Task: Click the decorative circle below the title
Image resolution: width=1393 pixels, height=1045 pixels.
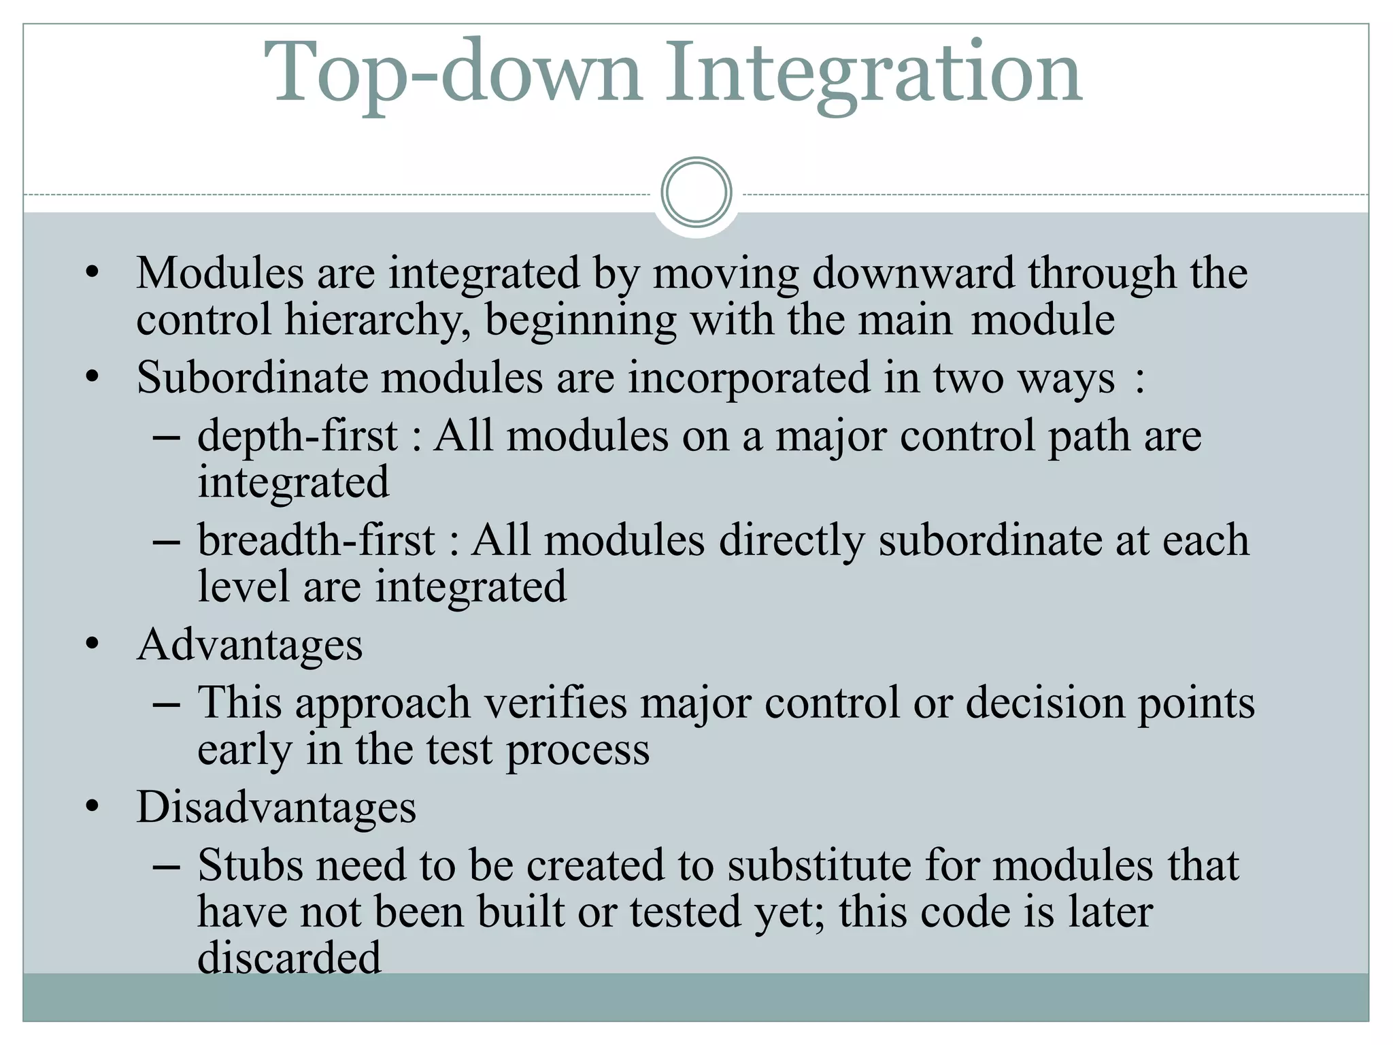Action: (x=696, y=192)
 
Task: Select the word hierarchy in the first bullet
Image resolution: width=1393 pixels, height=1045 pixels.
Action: (x=377, y=320)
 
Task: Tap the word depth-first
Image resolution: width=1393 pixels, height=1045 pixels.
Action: (x=297, y=436)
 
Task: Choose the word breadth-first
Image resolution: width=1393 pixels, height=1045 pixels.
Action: (x=316, y=541)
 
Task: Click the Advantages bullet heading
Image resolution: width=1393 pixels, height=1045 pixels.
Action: (x=250, y=646)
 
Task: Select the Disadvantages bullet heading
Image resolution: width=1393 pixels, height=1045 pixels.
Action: (x=276, y=808)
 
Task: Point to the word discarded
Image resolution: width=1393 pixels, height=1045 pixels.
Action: (x=289, y=958)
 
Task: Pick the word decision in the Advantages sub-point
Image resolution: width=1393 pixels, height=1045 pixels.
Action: (x=1045, y=703)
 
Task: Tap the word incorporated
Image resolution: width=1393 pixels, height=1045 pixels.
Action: (x=749, y=378)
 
